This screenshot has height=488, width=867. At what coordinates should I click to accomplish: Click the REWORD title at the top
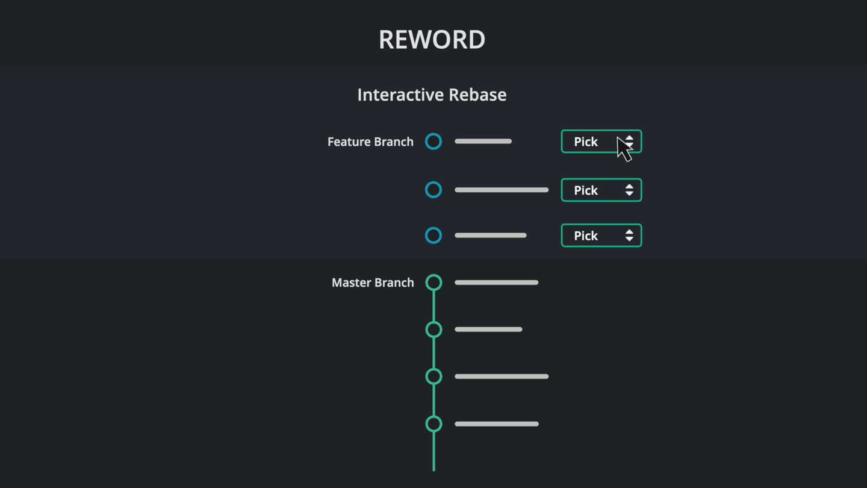click(x=432, y=40)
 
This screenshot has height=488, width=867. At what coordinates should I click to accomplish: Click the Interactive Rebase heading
click(x=432, y=95)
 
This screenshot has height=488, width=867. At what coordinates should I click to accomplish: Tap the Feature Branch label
click(x=370, y=142)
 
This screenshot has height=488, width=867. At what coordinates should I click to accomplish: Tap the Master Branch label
click(x=373, y=283)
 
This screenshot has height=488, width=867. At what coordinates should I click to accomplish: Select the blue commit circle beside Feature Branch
click(x=433, y=142)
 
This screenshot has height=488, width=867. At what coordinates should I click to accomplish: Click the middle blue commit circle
click(x=433, y=190)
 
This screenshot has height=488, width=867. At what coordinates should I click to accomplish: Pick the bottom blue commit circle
click(x=433, y=236)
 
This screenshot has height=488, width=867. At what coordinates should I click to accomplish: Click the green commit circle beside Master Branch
click(x=433, y=283)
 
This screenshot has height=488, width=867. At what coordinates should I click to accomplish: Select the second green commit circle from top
click(x=433, y=330)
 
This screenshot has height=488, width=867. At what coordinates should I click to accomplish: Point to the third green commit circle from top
click(x=433, y=377)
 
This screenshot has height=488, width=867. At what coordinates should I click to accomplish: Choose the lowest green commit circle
click(x=433, y=424)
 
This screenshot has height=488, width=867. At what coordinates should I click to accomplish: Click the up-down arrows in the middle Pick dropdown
click(x=629, y=190)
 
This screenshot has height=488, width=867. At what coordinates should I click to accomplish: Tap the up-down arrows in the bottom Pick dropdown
click(x=629, y=236)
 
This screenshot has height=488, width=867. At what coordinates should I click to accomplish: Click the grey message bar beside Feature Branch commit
click(x=483, y=142)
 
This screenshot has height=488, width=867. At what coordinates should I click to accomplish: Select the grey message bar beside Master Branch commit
click(x=496, y=283)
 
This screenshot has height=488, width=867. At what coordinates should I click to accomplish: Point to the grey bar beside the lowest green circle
click(x=496, y=424)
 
